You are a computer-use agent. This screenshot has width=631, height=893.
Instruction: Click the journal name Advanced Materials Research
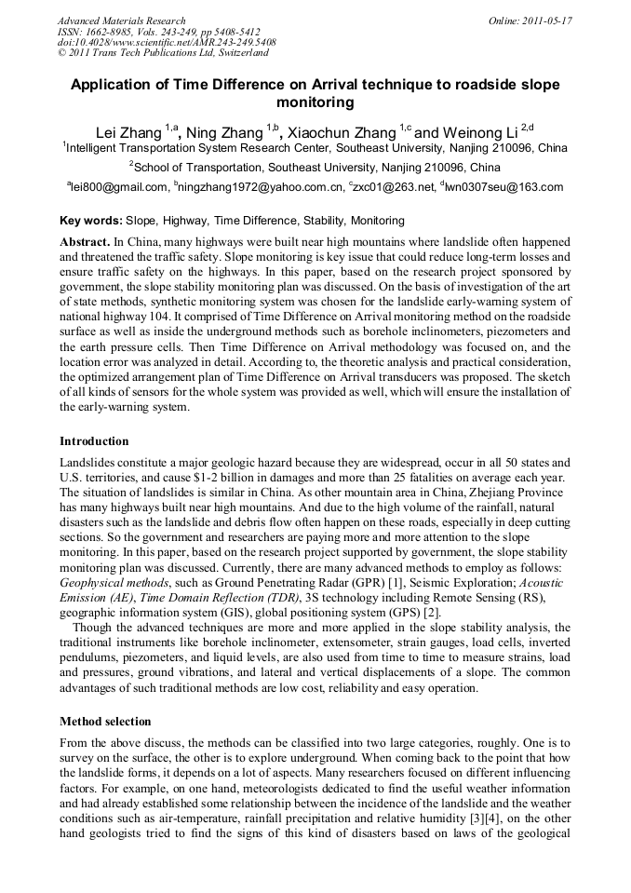point(121,20)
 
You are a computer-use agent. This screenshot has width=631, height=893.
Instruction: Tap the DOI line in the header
point(167,43)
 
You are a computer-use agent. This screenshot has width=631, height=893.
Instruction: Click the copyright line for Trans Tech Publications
point(163,53)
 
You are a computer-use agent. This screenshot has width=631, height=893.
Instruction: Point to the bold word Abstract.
point(85,240)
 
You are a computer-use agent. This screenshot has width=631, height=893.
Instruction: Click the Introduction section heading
point(94,440)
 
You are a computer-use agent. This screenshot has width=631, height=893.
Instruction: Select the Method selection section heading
point(105,721)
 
